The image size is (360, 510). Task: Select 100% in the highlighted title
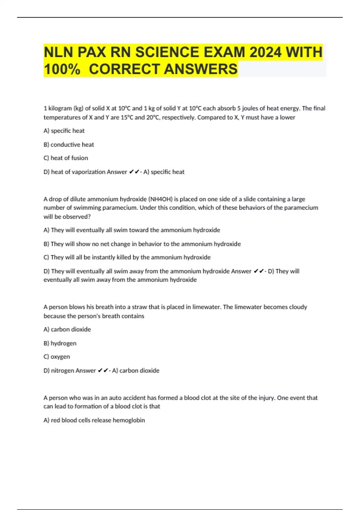click(x=62, y=69)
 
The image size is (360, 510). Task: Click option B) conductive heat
click(x=69, y=145)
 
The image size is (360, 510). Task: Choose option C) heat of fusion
click(x=66, y=158)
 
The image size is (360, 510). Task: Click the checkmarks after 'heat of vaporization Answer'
click(x=134, y=172)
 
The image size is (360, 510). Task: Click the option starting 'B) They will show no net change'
click(x=142, y=244)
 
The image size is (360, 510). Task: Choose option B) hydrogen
click(x=60, y=343)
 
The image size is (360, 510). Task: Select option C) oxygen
click(x=57, y=357)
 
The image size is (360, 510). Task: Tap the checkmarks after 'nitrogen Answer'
click(x=103, y=370)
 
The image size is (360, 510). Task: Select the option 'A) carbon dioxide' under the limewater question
click(x=67, y=329)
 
